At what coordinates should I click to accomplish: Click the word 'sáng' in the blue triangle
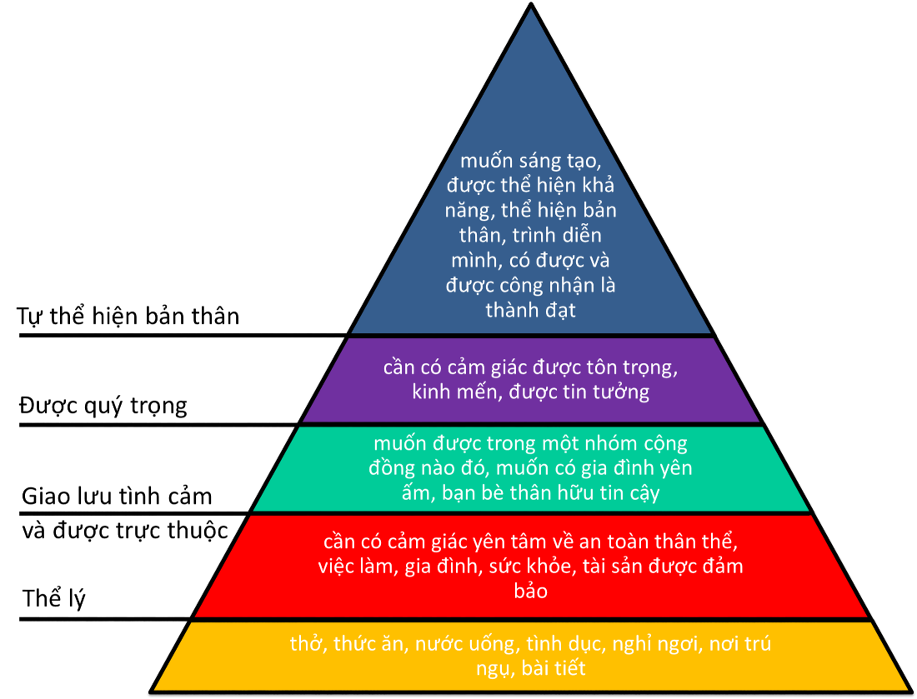point(536,162)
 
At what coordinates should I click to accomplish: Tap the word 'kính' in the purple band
point(434,392)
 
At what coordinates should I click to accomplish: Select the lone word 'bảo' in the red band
point(530,592)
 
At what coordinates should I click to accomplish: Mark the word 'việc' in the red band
point(336,567)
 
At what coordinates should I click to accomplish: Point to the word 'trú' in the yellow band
point(759,644)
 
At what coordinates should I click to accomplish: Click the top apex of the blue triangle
point(531,11)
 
